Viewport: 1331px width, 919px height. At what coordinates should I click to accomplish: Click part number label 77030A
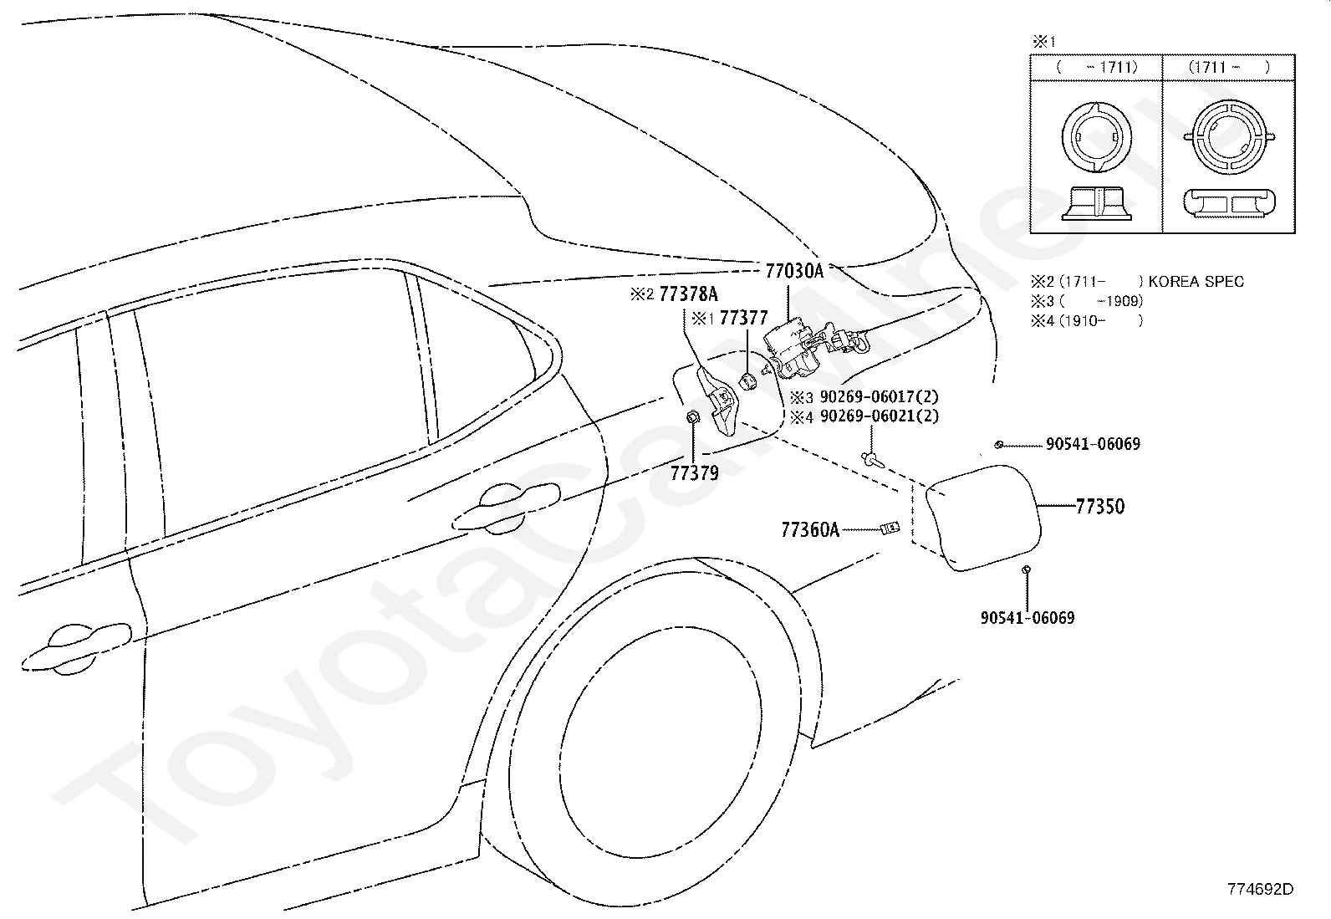[794, 271]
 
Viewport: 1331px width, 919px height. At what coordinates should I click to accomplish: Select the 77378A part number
[689, 294]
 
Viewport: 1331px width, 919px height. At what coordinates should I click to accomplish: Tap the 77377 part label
[743, 318]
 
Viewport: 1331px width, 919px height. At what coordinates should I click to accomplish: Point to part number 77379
[695, 473]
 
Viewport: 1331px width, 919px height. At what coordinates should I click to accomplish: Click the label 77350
[1100, 507]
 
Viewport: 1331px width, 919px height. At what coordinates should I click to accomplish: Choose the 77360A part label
[810, 529]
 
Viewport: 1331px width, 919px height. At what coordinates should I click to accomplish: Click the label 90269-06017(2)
[880, 396]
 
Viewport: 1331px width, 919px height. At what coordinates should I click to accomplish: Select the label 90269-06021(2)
[880, 416]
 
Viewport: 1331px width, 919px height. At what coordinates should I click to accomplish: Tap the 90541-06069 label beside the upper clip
[1094, 444]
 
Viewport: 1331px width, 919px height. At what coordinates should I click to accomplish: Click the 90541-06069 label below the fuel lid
[1028, 618]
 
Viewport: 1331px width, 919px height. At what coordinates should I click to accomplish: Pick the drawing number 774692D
[1260, 889]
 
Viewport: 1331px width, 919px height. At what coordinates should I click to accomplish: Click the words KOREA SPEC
[1196, 281]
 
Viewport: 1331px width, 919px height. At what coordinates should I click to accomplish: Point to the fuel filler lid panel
[983, 517]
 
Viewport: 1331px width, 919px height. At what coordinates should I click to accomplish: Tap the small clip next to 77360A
[890, 528]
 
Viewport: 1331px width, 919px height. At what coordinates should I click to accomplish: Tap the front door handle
[76, 649]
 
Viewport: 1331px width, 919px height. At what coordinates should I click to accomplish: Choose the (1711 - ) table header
[1229, 67]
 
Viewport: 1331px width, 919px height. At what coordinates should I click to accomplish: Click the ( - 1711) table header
[1096, 67]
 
